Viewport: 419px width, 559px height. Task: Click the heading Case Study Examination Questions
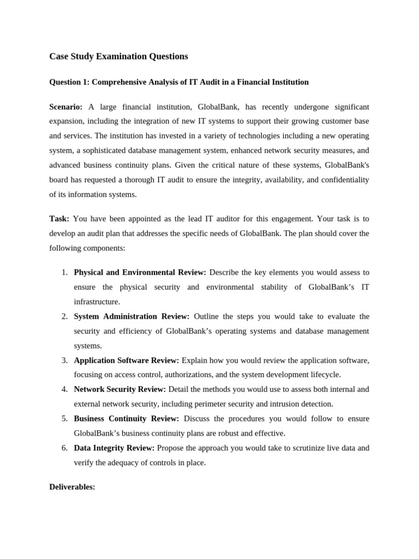118,56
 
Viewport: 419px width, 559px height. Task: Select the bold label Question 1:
69,82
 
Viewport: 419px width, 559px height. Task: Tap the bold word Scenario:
66,106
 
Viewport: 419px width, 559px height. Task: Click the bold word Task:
59,218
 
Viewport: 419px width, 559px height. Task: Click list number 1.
64,272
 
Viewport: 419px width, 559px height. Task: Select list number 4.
64,389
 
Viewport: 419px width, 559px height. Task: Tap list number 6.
64,448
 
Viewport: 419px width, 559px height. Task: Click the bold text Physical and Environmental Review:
140,272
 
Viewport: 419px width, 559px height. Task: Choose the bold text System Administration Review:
131,316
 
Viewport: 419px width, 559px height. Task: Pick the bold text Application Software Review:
126,360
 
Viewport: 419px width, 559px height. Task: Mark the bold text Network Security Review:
119,389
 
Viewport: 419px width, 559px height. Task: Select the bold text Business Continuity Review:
126,418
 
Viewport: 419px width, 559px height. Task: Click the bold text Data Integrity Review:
114,448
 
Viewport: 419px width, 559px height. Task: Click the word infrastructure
97,301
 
